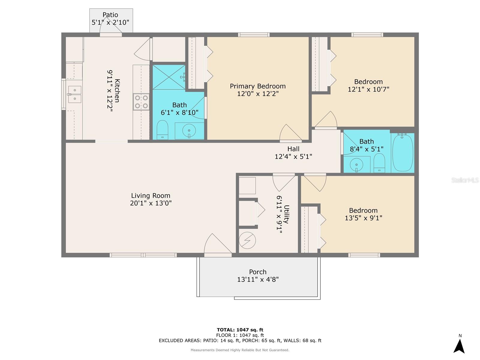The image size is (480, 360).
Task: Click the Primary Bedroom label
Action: tap(258, 86)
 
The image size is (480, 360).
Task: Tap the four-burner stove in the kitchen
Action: tap(141, 102)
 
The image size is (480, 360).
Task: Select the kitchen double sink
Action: tap(74, 94)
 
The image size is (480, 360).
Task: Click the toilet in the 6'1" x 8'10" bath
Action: tap(162, 130)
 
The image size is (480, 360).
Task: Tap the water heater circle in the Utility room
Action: tap(247, 240)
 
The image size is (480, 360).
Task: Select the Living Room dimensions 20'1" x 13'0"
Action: tap(151, 203)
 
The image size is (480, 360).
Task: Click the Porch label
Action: tap(258, 272)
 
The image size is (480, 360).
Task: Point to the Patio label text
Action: tap(110, 15)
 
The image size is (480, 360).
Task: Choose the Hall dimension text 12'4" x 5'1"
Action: tap(293, 157)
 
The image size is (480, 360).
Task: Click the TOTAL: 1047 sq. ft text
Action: tap(240, 330)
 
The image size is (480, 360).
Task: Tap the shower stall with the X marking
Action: tap(169, 77)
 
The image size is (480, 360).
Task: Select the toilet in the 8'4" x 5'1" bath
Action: tap(379, 163)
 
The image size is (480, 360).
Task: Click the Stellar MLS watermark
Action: tap(465, 180)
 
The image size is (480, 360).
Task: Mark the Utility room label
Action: tap(286, 214)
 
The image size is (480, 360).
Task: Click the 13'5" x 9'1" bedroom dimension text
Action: tap(363, 218)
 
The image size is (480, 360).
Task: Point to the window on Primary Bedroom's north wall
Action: tap(254, 35)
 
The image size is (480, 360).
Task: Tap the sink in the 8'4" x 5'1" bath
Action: tap(356, 165)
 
